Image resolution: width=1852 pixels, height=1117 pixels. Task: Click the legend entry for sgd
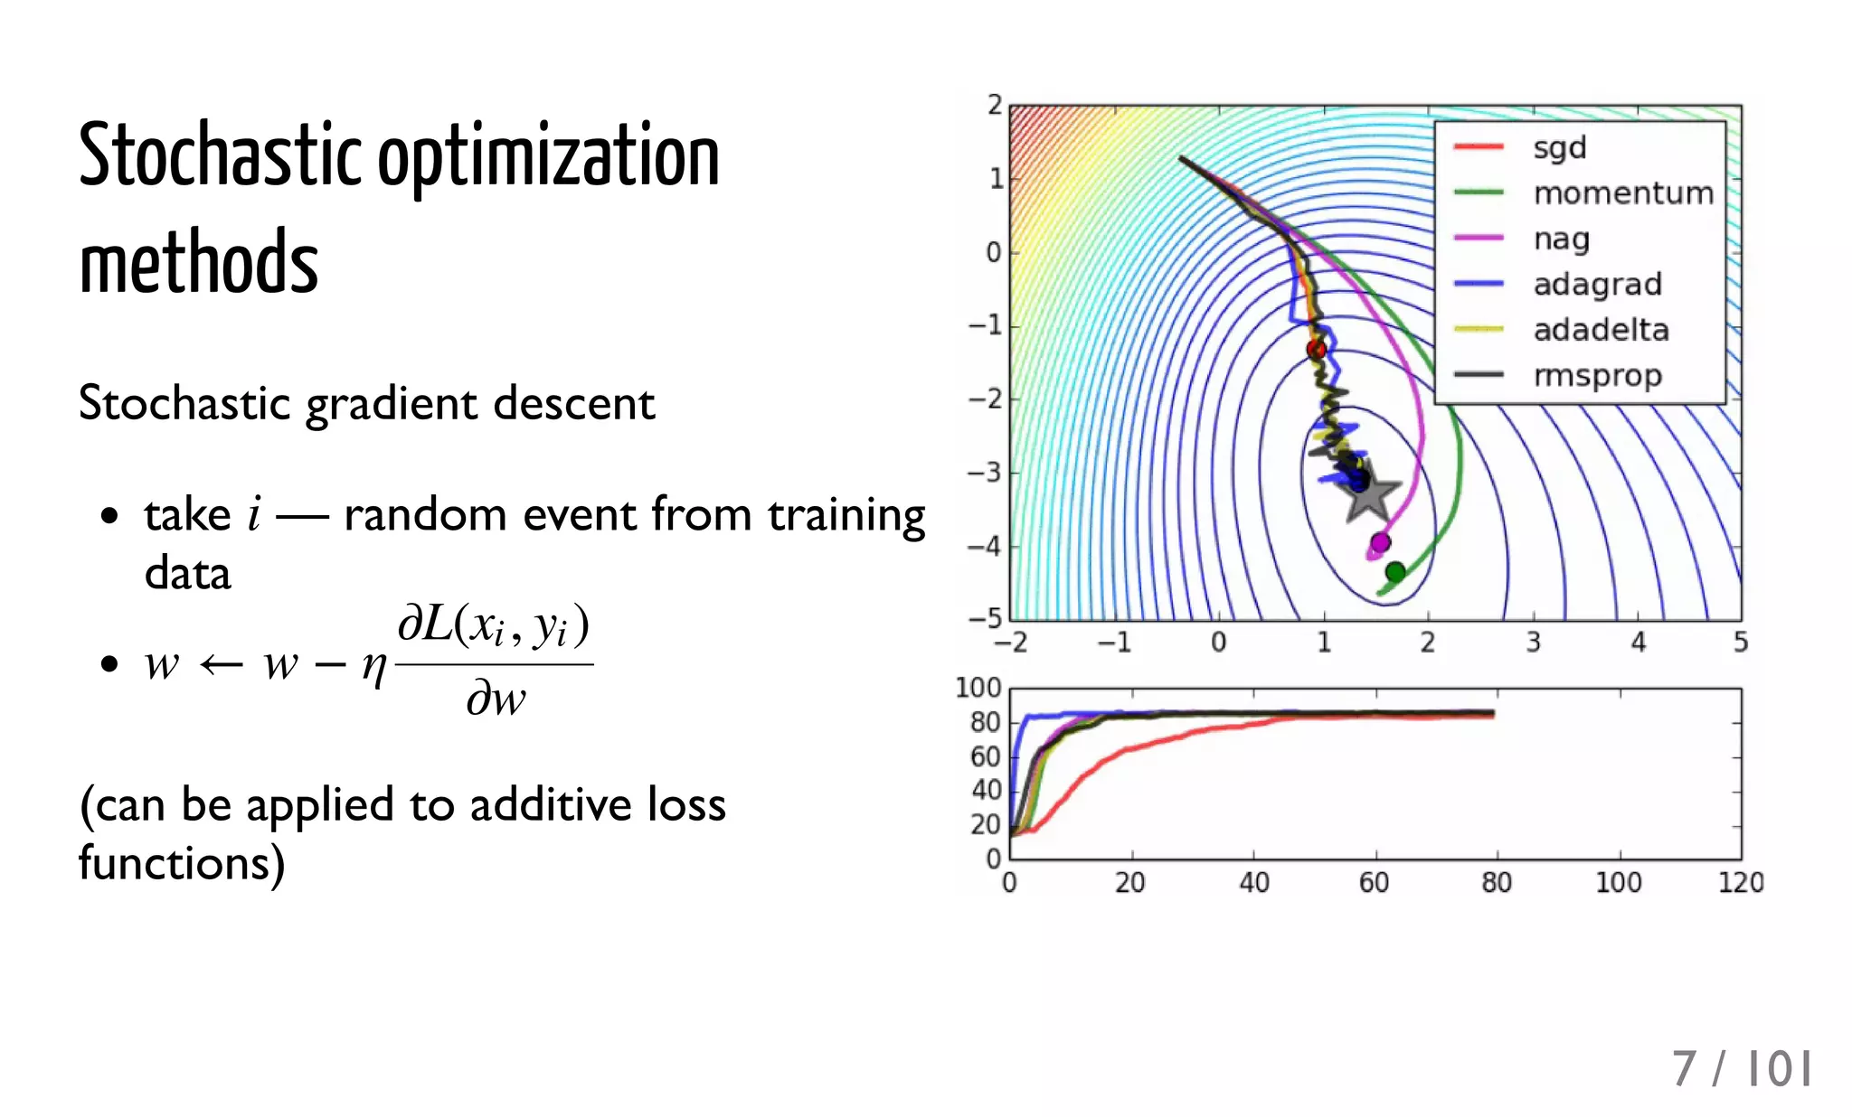1559,147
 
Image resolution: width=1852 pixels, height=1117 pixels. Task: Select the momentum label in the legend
1623,193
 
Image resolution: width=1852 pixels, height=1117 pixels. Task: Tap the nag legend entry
1561,239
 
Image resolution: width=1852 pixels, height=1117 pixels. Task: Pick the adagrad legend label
1597,285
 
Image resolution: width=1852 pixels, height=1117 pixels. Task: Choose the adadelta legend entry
1601,330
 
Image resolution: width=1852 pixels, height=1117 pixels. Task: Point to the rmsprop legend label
1597,376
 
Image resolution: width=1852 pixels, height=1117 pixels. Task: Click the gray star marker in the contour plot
1369,491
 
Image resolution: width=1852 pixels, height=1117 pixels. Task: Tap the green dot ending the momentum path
1395,572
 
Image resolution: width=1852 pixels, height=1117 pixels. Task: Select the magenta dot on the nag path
1380,542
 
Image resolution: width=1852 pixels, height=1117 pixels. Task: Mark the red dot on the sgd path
1317,349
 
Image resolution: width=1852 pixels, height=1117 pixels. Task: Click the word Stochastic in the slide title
220,155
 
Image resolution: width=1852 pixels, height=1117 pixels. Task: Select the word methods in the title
199,263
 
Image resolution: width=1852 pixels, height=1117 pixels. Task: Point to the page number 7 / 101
1741,1069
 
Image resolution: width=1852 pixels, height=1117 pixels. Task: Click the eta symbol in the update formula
373,667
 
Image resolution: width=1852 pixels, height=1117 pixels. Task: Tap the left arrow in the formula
221,666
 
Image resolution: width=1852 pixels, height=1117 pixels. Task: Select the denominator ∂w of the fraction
495,699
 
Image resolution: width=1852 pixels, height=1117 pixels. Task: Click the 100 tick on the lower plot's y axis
978,688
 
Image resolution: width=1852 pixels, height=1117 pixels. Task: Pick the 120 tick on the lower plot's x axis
1740,882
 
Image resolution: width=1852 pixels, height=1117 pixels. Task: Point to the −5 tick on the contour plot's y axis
986,619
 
